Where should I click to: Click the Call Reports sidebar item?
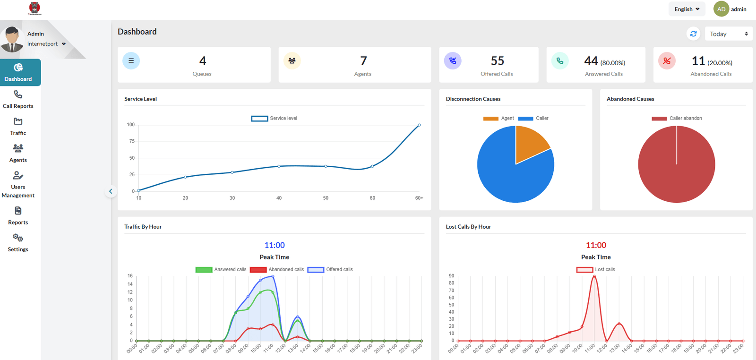click(18, 100)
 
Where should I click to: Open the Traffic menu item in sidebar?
click(18, 127)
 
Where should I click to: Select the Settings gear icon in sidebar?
click(18, 238)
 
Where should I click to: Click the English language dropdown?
click(687, 9)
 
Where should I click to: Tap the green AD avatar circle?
click(721, 9)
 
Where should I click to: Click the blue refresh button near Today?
click(693, 34)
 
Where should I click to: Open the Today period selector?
click(728, 34)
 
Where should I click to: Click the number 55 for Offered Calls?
click(497, 61)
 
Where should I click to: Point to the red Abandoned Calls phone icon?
click(667, 60)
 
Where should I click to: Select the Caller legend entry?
click(533, 119)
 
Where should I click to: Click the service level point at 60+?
click(419, 125)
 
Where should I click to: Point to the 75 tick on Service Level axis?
click(132, 141)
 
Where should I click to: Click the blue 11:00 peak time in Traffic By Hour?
click(275, 245)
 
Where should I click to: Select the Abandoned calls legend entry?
click(277, 270)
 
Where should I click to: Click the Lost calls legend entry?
click(596, 270)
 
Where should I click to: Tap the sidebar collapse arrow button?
click(111, 191)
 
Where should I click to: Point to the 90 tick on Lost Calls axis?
click(451, 276)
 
